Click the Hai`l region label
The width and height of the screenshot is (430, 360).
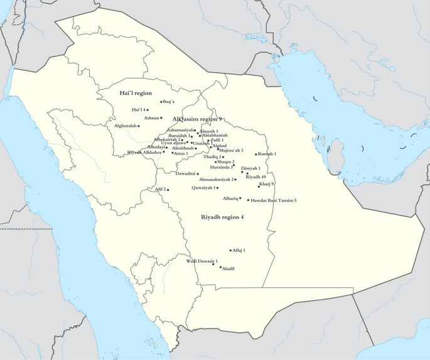pyautogui.click(x=136, y=92)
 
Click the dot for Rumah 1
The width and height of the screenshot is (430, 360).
pyautogui.click(x=255, y=154)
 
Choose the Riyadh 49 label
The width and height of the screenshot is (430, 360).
pyautogui.click(x=255, y=177)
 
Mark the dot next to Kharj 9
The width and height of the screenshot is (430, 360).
pyautogui.click(x=259, y=187)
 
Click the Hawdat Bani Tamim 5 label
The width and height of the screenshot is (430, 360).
pyautogui.click(x=273, y=200)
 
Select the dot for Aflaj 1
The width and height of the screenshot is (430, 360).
pyautogui.click(x=231, y=250)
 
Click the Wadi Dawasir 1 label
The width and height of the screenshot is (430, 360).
pyautogui.click(x=202, y=261)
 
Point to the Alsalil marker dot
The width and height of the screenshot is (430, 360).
pyautogui.click(x=220, y=268)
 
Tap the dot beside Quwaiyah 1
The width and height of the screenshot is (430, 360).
pyautogui.click(x=218, y=188)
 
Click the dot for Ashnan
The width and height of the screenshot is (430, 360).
pyautogui.click(x=161, y=117)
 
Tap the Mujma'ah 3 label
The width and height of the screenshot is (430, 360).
pyautogui.click(x=232, y=151)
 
